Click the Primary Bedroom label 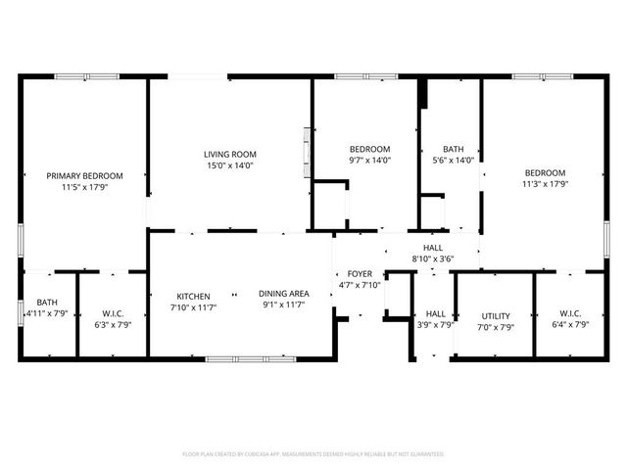(x=83, y=176)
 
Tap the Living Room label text (x=229, y=154)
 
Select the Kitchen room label (x=194, y=296)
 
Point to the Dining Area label (x=284, y=294)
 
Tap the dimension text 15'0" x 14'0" (x=229, y=165)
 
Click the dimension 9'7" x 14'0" (x=370, y=160)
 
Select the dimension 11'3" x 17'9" (x=544, y=183)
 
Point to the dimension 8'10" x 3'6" (x=432, y=259)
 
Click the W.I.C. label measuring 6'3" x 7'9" (x=112, y=313)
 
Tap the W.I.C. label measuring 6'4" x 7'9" (x=570, y=313)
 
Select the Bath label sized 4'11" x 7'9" (x=47, y=303)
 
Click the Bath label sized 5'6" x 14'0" (x=453, y=149)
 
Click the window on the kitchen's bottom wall (x=250, y=358)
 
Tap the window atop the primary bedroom (x=86, y=76)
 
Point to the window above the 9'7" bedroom (x=365, y=76)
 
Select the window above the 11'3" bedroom (x=543, y=76)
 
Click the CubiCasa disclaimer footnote (x=313, y=454)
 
